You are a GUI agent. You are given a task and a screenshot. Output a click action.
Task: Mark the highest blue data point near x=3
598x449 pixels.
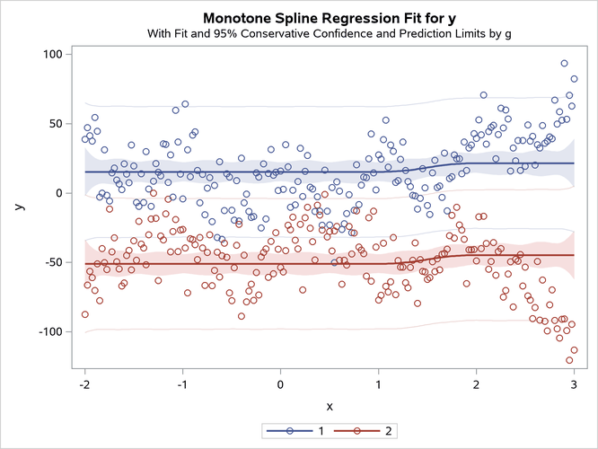pos(564,64)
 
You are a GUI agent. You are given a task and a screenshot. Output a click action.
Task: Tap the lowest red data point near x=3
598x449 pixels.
pos(569,360)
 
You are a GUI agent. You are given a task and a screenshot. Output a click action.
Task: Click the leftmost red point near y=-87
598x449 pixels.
pos(84,314)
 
